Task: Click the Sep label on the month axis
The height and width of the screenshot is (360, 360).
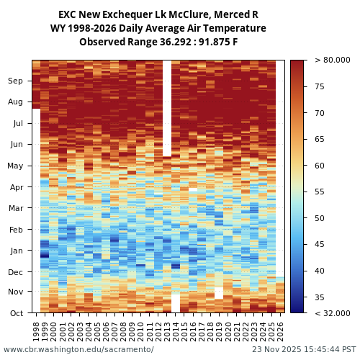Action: (16, 81)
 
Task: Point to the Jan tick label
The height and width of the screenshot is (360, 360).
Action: (16, 251)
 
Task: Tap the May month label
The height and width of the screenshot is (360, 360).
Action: (15, 166)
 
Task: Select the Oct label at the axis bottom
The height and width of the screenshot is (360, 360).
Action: (16, 312)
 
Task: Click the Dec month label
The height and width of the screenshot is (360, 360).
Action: (16, 271)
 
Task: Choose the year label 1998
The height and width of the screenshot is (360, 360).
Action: (37, 331)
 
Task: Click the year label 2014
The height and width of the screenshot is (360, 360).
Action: (176, 331)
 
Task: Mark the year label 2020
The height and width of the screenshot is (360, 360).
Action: (228, 331)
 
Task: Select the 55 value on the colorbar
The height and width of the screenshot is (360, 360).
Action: (320, 192)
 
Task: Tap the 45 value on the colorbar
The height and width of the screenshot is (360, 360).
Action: (320, 245)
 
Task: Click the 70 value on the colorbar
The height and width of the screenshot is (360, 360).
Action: (320, 113)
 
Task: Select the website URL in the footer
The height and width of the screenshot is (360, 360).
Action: (78, 349)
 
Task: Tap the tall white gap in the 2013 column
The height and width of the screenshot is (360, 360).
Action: (167, 108)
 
